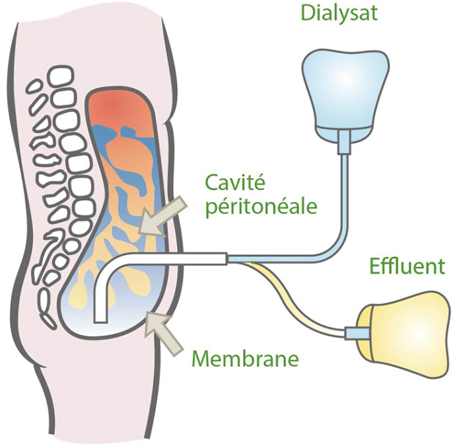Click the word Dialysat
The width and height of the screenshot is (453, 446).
tap(339, 13)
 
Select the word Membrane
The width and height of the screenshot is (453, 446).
tap(245, 359)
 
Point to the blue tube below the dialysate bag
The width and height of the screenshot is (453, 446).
tap(343, 198)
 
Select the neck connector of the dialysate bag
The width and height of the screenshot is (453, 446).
tap(343, 139)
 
